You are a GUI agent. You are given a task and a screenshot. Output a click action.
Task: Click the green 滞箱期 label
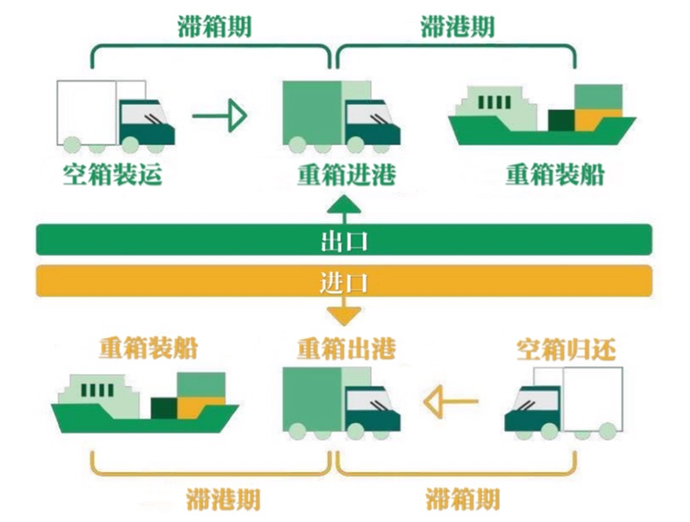(213, 26)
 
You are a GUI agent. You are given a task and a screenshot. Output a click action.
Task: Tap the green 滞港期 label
(457, 26)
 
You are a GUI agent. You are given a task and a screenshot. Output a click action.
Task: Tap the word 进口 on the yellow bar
(345, 281)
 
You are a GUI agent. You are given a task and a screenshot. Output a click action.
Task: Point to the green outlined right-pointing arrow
(220, 116)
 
